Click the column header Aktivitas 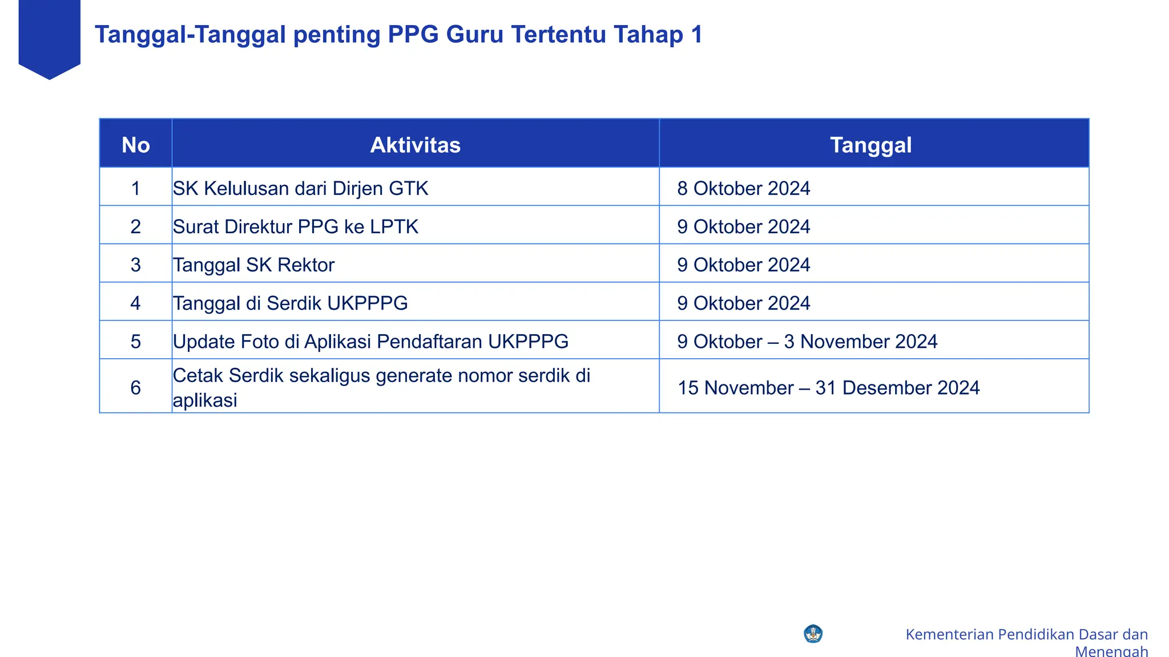415,145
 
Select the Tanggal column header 870,145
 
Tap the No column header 136,145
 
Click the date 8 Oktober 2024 743,188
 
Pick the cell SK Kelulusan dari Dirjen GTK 300,188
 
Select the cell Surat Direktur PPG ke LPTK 295,226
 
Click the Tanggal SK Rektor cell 253,265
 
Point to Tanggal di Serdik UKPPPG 290,303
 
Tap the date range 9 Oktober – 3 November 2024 807,341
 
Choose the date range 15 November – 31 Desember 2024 828,388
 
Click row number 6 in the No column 135,388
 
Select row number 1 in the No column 135,188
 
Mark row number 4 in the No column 135,303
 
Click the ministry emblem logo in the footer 813,634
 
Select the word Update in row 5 204,341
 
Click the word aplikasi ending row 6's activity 205,400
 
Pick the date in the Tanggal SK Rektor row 743,265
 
